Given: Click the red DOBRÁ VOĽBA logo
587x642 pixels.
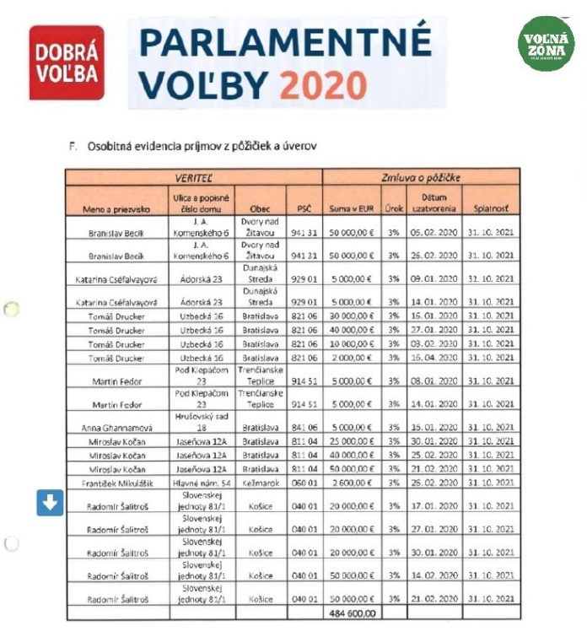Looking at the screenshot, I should click(x=67, y=63).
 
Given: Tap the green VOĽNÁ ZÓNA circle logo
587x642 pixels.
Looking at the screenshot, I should click(x=546, y=42).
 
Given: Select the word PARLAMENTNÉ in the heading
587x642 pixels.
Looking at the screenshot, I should click(x=284, y=41).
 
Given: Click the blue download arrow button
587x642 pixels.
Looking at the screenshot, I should click(x=50, y=503).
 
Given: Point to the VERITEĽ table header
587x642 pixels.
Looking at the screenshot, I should click(x=193, y=178).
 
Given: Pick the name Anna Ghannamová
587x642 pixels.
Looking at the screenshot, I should click(x=118, y=428).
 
